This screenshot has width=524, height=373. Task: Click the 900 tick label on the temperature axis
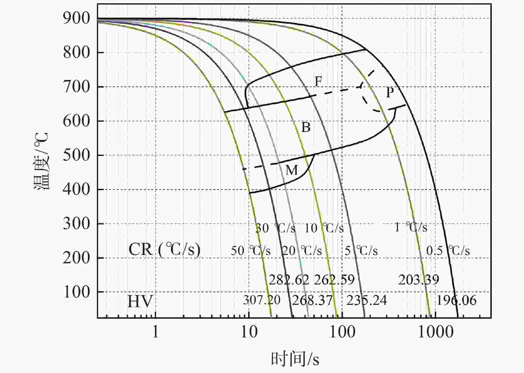click(77, 18)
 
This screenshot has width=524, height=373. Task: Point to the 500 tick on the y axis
click(77, 155)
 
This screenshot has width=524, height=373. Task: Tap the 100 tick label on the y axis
click(77, 292)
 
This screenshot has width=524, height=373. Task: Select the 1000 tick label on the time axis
click(436, 332)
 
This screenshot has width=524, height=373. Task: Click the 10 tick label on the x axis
click(249, 332)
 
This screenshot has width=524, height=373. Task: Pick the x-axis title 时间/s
click(295, 359)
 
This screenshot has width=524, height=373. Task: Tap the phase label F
click(318, 81)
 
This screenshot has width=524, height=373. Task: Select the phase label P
click(390, 92)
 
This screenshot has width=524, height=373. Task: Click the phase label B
click(306, 127)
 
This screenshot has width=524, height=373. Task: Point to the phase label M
click(291, 170)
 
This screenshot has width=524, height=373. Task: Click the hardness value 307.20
click(262, 300)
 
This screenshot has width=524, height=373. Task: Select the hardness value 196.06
click(456, 300)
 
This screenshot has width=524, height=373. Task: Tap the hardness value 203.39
click(419, 280)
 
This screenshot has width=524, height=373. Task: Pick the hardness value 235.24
click(367, 300)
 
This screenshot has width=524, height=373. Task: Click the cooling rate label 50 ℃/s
click(251, 251)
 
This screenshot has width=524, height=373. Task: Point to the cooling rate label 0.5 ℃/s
click(448, 251)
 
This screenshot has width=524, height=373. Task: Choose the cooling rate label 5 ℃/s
click(361, 251)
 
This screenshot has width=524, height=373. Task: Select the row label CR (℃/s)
click(164, 249)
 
